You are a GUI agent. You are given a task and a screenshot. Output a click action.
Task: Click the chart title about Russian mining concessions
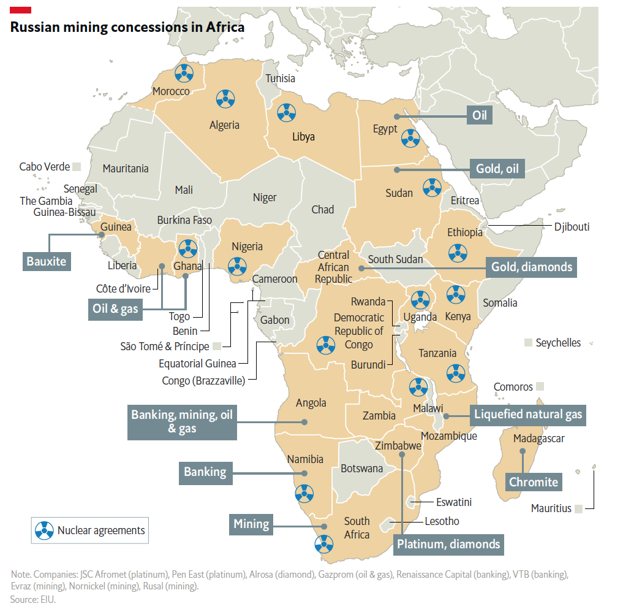click(x=127, y=27)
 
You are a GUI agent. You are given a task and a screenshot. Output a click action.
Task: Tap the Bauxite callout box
click(x=46, y=261)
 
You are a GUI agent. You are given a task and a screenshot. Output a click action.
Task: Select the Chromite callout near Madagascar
click(x=534, y=482)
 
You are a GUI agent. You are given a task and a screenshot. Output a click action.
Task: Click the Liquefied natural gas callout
click(x=528, y=415)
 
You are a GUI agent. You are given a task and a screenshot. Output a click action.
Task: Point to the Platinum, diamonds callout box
click(x=448, y=543)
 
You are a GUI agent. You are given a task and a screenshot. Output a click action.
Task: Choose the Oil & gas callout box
click(x=115, y=308)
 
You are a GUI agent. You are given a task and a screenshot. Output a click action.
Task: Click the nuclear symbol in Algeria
click(x=225, y=97)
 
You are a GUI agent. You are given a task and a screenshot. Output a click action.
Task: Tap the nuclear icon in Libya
click(x=285, y=112)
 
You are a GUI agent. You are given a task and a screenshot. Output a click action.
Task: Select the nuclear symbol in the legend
click(x=44, y=530)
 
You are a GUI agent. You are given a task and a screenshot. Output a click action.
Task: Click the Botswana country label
click(x=361, y=469)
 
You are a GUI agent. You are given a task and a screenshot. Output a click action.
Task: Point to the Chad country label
click(x=322, y=210)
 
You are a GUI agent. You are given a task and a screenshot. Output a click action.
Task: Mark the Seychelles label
click(x=557, y=343)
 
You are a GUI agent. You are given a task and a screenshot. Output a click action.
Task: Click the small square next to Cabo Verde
click(x=77, y=166)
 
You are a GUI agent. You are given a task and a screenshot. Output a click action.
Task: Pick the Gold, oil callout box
click(x=497, y=169)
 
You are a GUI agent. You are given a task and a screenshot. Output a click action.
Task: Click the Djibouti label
click(x=572, y=227)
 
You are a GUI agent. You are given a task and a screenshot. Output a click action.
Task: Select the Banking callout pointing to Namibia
click(x=205, y=472)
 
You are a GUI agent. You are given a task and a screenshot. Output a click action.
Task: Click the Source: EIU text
click(x=33, y=599)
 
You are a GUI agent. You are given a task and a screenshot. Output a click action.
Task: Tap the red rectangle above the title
click(x=21, y=9)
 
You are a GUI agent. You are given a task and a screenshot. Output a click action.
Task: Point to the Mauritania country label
click(x=126, y=168)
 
